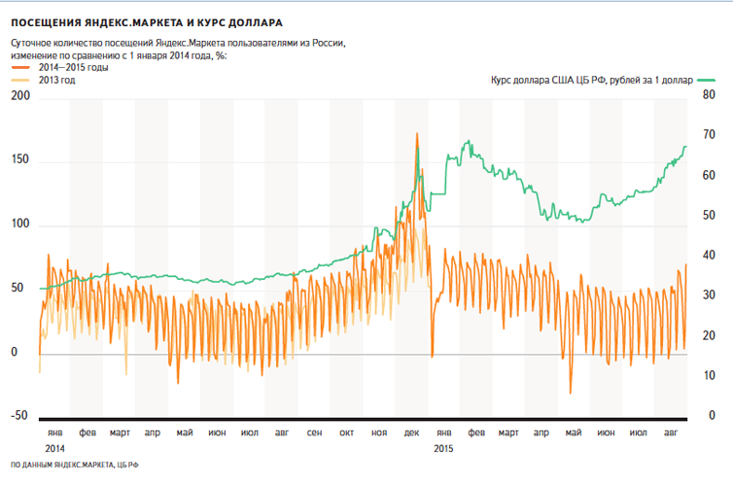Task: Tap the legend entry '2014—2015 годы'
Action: [73, 68]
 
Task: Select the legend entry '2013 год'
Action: [61, 81]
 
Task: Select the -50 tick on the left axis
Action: [17, 416]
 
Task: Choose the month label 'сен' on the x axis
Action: [313, 432]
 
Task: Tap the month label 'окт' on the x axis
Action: [346, 432]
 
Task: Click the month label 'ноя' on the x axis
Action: [378, 432]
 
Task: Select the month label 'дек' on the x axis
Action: [411, 432]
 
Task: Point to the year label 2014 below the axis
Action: [54, 448]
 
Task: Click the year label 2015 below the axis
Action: [443, 448]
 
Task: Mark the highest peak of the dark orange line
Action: [417, 133]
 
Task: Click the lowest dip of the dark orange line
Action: [571, 394]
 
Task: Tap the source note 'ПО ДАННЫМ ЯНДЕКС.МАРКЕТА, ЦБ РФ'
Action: [74, 467]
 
